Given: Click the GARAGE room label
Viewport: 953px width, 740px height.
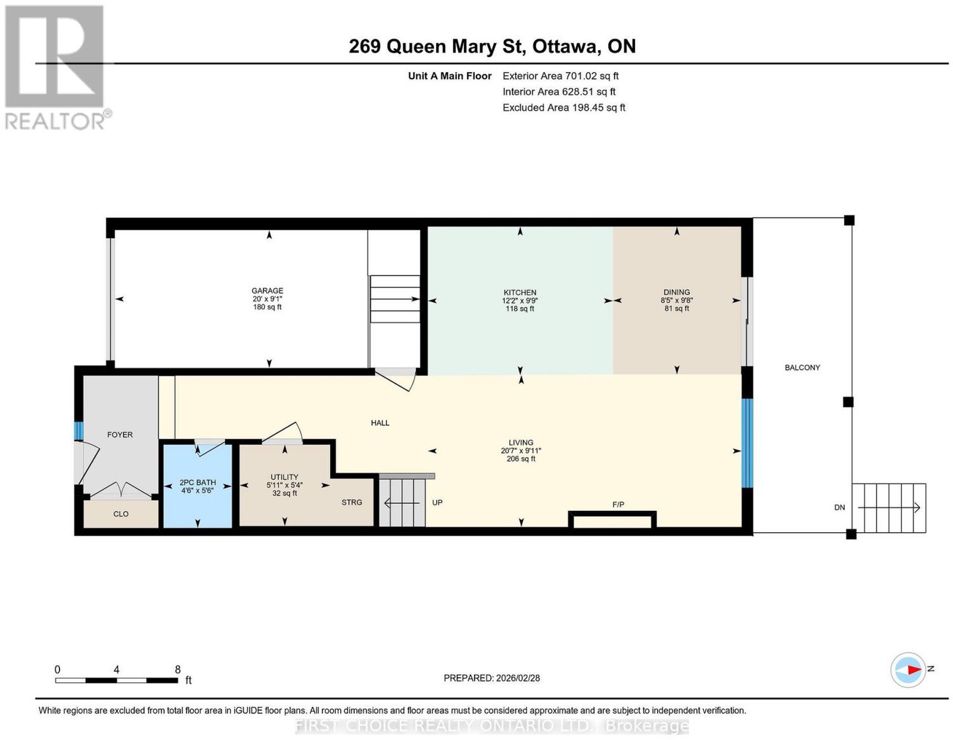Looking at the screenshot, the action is click(267, 291).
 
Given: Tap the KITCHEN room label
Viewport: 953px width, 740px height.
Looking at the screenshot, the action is click(520, 292).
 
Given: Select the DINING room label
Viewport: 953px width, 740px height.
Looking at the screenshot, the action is click(676, 292).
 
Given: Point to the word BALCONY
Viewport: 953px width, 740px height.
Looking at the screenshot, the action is click(802, 367).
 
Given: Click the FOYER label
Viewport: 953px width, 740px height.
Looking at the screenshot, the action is click(120, 435).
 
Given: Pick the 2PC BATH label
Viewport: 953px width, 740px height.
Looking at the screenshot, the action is click(197, 482).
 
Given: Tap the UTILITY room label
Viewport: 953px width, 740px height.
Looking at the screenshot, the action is click(284, 477).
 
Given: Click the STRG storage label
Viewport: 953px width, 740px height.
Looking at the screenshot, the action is click(352, 502).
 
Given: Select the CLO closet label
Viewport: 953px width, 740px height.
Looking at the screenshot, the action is click(121, 514).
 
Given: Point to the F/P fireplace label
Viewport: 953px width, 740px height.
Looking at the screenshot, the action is click(618, 505).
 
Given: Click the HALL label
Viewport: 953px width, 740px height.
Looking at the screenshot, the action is click(380, 423).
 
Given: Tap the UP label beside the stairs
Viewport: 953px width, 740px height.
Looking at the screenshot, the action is click(437, 502).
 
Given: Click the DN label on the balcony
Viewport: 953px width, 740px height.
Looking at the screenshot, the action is click(839, 507).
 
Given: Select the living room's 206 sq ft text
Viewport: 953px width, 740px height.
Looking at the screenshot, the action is click(521, 459).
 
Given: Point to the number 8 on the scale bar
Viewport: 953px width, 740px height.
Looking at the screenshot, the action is click(177, 670).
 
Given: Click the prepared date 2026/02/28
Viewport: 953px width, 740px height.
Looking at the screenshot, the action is click(518, 677).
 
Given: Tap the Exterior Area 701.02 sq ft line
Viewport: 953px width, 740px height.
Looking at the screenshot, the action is click(560, 76).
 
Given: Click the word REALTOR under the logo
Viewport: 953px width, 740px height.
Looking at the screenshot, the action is click(54, 121).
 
